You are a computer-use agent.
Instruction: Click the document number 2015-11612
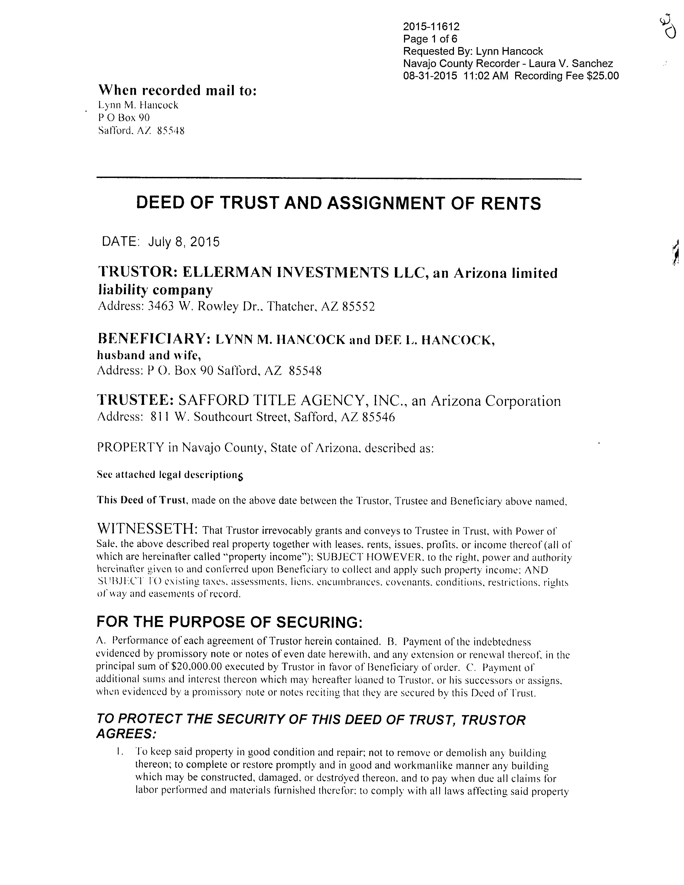[431, 27]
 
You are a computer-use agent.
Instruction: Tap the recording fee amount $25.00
[602, 76]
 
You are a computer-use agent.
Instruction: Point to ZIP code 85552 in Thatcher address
[358, 306]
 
